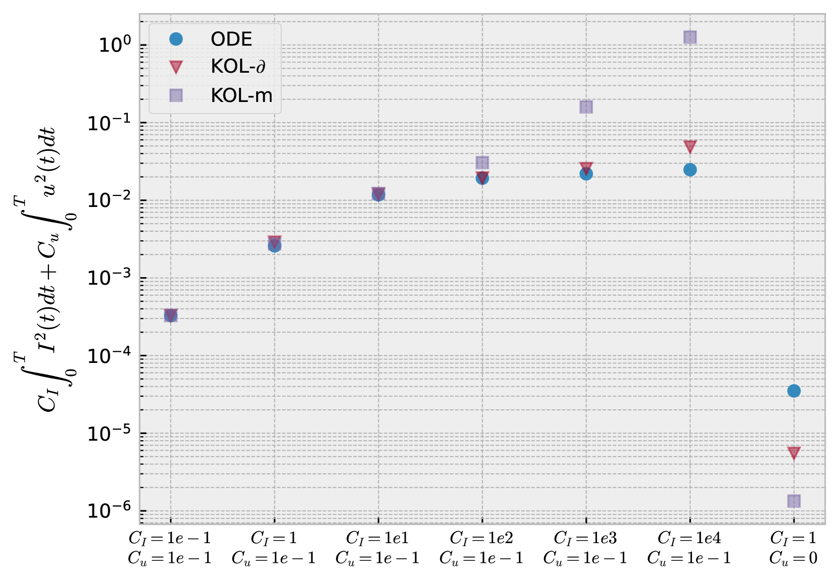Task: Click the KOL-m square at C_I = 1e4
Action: click(690, 37)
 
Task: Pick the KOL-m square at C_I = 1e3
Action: click(586, 107)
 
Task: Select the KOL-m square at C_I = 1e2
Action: click(482, 163)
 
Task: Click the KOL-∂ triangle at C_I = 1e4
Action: click(690, 146)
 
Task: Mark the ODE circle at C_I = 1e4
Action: click(690, 170)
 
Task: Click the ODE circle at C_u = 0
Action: click(794, 391)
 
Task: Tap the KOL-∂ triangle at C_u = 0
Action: click(794, 453)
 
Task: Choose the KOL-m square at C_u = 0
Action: click(794, 501)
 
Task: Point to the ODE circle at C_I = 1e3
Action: click(586, 174)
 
